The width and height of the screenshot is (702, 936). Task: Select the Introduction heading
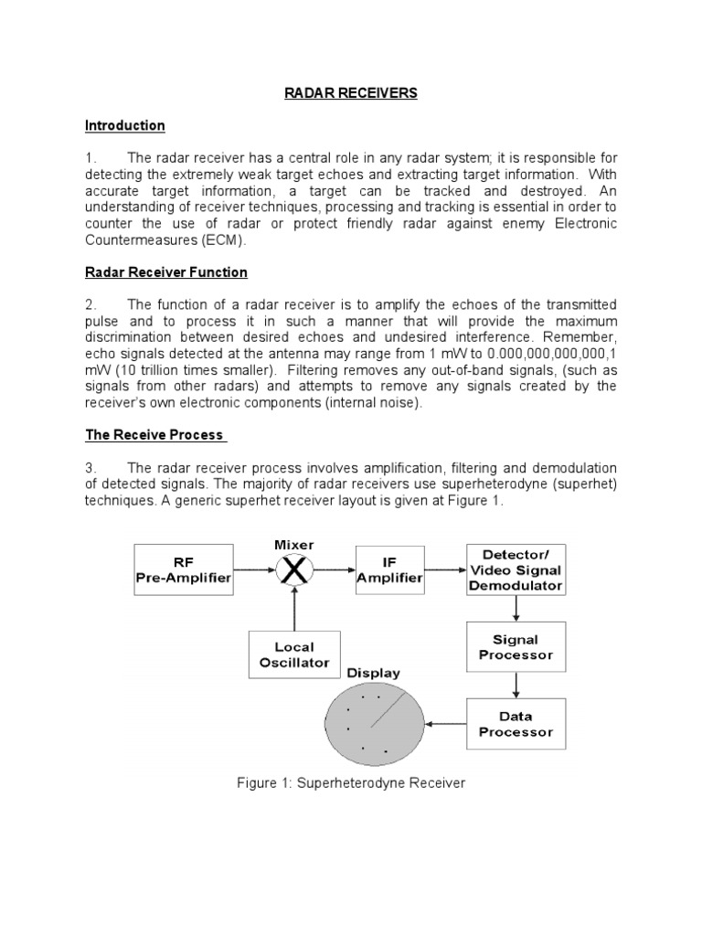coord(124,125)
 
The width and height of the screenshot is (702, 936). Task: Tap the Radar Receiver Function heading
coord(166,272)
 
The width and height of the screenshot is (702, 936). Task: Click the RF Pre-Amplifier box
coord(183,569)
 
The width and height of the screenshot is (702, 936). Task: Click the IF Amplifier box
coord(390,569)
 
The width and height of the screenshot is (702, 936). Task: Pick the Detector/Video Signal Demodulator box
coord(515,569)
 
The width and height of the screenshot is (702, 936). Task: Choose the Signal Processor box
coord(515,647)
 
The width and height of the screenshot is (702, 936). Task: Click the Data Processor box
coord(515,724)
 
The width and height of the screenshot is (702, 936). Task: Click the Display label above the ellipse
coord(373,674)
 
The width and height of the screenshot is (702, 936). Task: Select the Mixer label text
coord(294,545)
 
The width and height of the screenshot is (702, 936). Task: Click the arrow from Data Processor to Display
coord(447,724)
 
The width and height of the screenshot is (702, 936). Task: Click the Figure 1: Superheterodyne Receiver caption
coord(351,784)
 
